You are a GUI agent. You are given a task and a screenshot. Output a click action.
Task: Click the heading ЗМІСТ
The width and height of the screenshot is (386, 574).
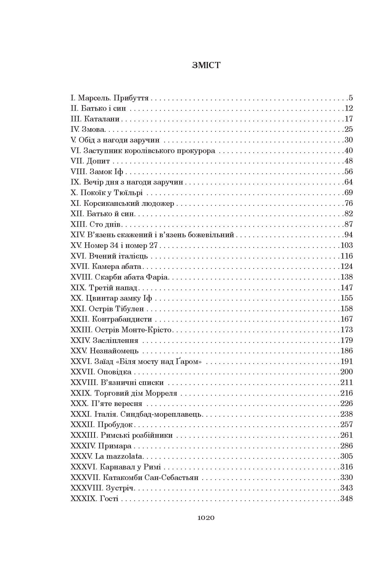[206, 65]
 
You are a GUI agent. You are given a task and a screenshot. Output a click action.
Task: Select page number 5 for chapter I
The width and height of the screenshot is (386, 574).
[350, 98]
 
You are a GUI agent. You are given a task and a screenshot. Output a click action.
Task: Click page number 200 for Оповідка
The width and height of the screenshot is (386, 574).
[347, 372]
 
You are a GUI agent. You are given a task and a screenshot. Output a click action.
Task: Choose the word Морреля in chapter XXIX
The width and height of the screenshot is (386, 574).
[161, 393]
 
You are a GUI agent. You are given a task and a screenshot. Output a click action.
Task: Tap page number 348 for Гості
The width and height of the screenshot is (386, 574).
[347, 499]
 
